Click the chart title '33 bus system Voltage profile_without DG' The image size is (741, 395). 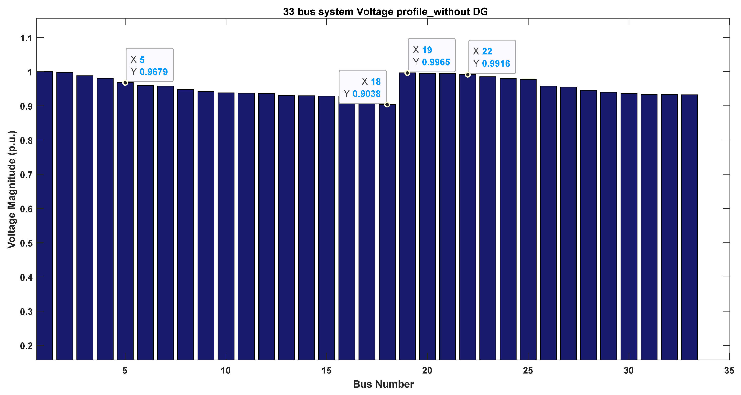(385, 11)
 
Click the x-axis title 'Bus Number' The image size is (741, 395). (383, 384)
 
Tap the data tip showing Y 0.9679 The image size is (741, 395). (149, 65)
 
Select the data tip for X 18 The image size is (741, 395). (362, 88)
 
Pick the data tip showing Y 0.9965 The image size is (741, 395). (432, 56)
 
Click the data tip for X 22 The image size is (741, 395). (492, 57)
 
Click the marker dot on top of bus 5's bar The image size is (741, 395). (125, 83)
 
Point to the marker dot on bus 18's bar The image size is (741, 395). (387, 105)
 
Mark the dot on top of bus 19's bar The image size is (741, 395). (407, 73)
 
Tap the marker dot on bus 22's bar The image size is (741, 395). (468, 75)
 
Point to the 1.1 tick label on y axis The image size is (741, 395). (26, 38)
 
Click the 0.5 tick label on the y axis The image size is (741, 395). (26, 243)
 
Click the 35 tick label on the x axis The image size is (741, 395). (729, 371)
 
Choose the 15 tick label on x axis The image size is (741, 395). (327, 371)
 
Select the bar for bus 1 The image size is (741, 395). (45, 216)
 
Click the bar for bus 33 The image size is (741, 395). (689, 227)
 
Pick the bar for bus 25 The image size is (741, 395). (528, 218)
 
